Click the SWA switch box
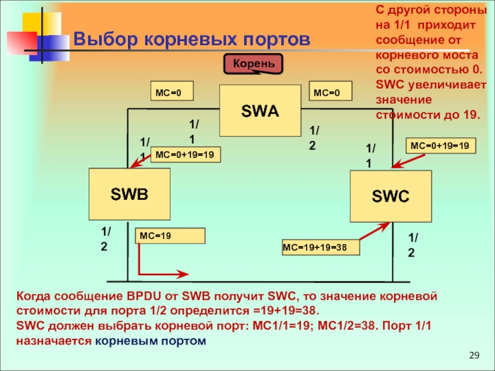tap(260, 111)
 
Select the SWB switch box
tap(129, 194)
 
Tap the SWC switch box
tap(390, 197)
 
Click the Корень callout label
tap(254, 64)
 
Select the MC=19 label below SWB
tap(170, 236)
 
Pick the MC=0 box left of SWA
tap(172, 93)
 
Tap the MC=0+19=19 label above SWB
tap(186, 155)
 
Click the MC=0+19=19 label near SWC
tap(440, 146)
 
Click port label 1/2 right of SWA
tap(314, 137)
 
